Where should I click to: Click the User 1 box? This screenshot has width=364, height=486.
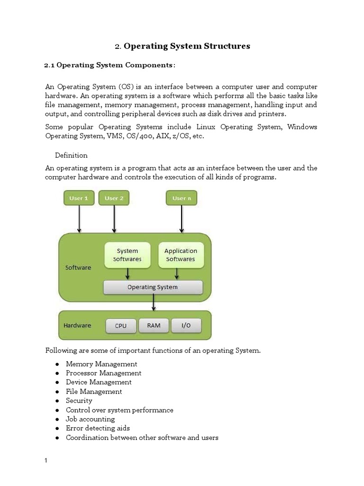tap(79, 198)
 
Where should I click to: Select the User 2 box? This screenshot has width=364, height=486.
tap(114, 198)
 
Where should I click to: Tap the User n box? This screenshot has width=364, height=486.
tap(182, 198)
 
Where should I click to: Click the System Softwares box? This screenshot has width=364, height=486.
tap(127, 255)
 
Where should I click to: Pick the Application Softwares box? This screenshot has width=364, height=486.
tap(180, 255)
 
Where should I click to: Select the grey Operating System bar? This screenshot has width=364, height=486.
tap(153, 287)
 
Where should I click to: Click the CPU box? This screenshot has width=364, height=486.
tap(120, 326)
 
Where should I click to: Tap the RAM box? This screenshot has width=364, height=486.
tap(154, 326)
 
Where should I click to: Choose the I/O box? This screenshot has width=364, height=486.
tap(186, 326)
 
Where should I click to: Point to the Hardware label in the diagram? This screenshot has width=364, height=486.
tap(77, 326)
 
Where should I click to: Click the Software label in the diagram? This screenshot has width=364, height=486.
tap(78, 267)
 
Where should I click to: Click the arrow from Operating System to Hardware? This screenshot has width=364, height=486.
tap(153, 302)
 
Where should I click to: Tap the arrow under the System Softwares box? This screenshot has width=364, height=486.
tap(127, 274)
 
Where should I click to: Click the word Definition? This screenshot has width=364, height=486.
tap(71, 155)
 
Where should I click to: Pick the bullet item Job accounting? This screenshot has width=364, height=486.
tap(90, 419)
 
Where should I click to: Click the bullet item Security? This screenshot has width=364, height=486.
tap(79, 401)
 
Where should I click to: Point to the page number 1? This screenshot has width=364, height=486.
tap(46, 461)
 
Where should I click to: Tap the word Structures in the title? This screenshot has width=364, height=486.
tap(221, 46)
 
